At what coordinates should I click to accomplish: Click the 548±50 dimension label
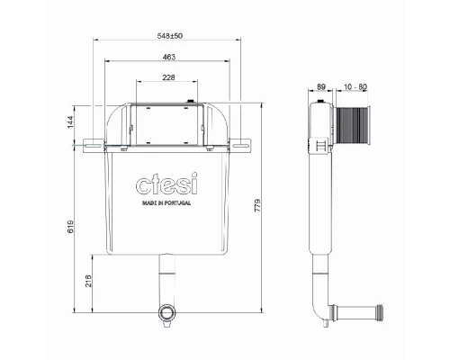pos(170,36)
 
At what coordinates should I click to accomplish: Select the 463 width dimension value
pos(168,57)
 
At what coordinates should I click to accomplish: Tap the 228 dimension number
pos(168,77)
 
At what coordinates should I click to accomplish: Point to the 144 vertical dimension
pos(70,121)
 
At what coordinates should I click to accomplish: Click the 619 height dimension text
pos(70,227)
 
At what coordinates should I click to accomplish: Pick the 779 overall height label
pos(257,205)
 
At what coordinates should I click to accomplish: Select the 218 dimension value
pos(88,281)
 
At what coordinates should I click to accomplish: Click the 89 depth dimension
pos(321,86)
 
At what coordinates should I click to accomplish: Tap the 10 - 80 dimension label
pos(355,87)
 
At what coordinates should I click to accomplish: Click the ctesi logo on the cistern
pos(166,184)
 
